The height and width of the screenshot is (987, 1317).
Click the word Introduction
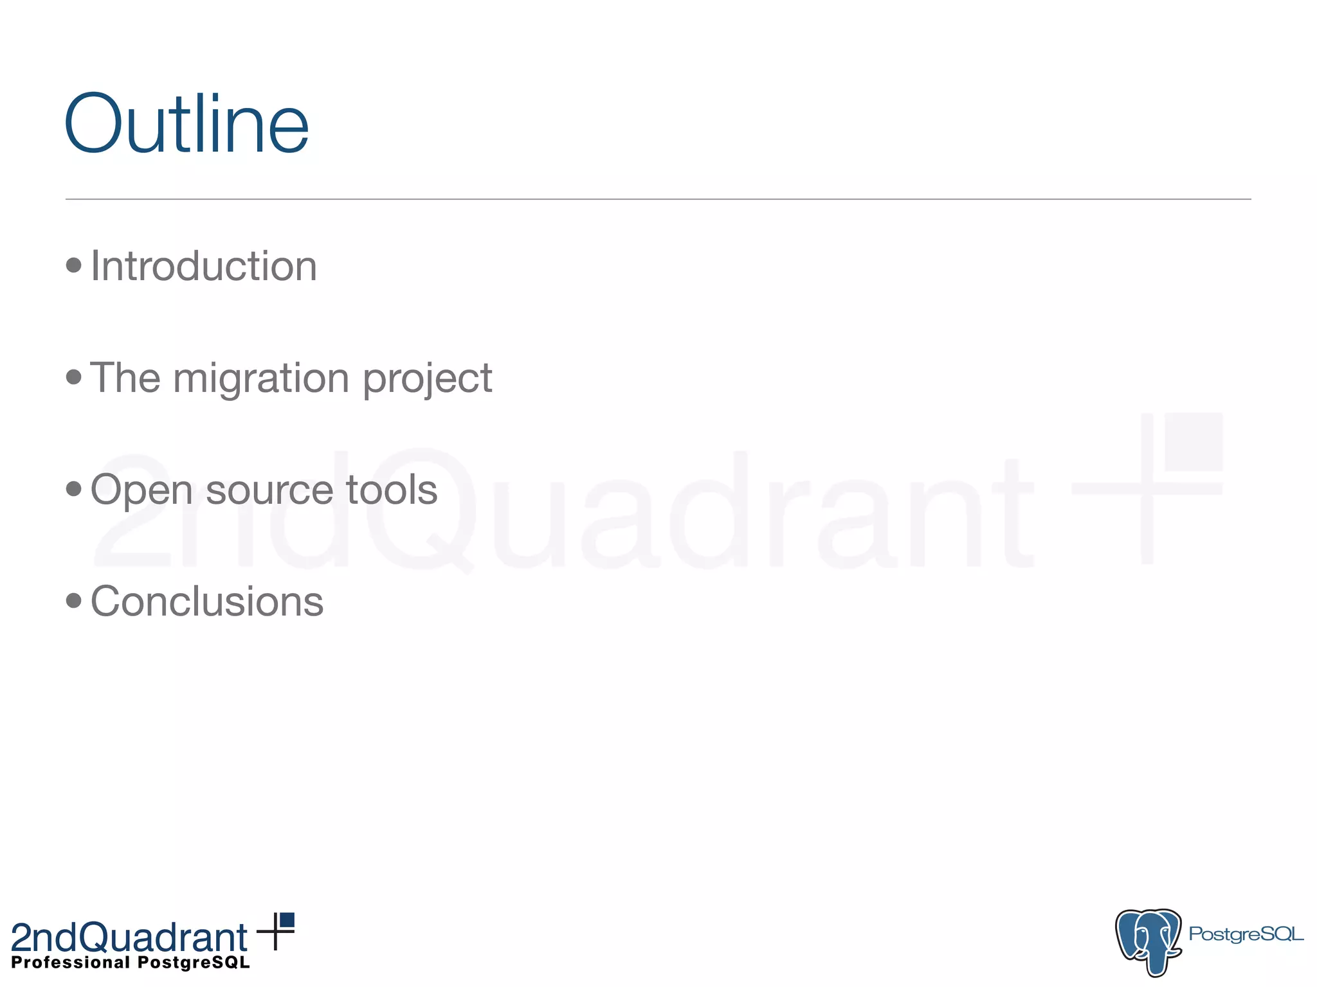[x=204, y=266]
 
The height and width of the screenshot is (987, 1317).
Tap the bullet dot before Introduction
[x=74, y=265]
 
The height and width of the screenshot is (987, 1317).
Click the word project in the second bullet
[x=428, y=379]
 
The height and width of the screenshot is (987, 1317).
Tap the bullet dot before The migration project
[x=74, y=377]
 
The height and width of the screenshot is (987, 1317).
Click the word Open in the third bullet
[x=141, y=491]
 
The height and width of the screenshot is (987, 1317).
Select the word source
[x=269, y=491]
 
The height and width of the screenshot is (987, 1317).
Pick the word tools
[x=392, y=490]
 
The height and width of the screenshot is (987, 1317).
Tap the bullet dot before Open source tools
[x=74, y=489]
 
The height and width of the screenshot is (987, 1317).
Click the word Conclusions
[x=207, y=602]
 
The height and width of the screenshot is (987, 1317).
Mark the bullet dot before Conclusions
[x=74, y=601]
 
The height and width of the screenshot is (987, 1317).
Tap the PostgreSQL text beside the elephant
[x=1246, y=934]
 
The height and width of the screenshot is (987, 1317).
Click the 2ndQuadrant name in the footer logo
[x=129, y=938]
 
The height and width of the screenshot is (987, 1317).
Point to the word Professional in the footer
[x=71, y=963]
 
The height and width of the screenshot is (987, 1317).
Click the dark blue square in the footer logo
[x=287, y=920]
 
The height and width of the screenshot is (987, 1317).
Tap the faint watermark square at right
[x=1193, y=441]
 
